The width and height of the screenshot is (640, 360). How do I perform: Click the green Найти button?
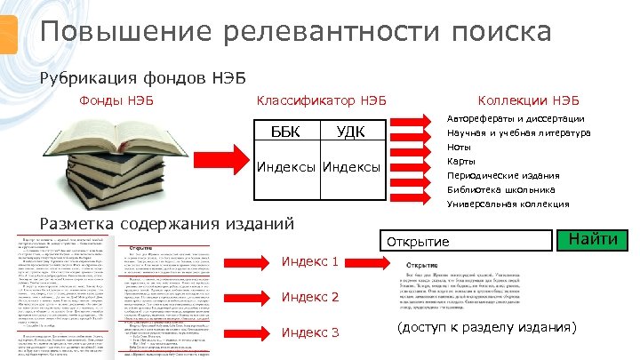click(x=592, y=239)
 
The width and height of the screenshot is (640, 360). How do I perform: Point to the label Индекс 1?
click(x=310, y=261)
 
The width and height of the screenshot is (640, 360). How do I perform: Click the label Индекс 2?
click(x=310, y=297)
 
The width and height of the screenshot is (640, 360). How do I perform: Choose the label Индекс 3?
click(x=310, y=332)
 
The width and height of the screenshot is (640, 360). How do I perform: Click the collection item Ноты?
click(x=460, y=147)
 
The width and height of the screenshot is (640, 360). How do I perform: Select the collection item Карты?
click(x=461, y=161)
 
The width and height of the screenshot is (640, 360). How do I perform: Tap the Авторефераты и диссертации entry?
click(x=515, y=118)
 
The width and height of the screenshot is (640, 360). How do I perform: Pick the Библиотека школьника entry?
click(x=501, y=189)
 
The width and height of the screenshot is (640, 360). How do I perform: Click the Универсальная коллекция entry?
click(x=508, y=204)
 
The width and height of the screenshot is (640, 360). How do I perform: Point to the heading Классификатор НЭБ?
click(x=321, y=100)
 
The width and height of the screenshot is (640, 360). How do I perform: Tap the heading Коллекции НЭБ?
click(x=528, y=100)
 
